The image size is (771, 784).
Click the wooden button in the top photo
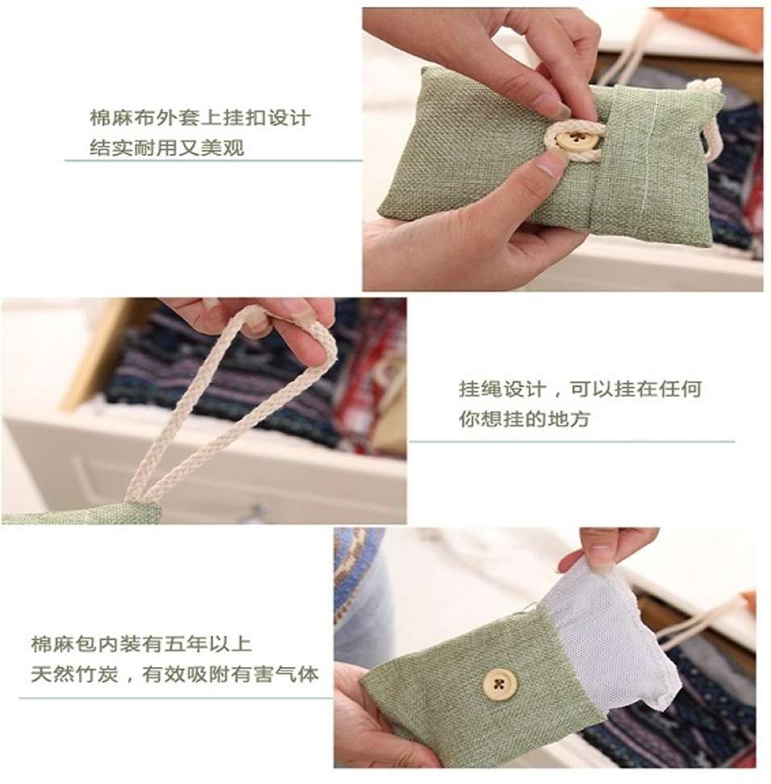(x=578, y=141)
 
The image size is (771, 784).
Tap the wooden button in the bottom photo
(x=499, y=683)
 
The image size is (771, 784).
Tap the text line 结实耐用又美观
(x=167, y=148)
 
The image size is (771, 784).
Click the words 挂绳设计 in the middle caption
(x=502, y=389)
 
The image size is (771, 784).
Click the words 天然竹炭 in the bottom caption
(x=74, y=674)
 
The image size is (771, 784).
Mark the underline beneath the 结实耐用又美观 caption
(x=214, y=161)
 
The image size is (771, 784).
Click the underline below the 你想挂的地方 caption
(x=572, y=441)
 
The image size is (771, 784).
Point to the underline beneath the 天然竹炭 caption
(x=176, y=698)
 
